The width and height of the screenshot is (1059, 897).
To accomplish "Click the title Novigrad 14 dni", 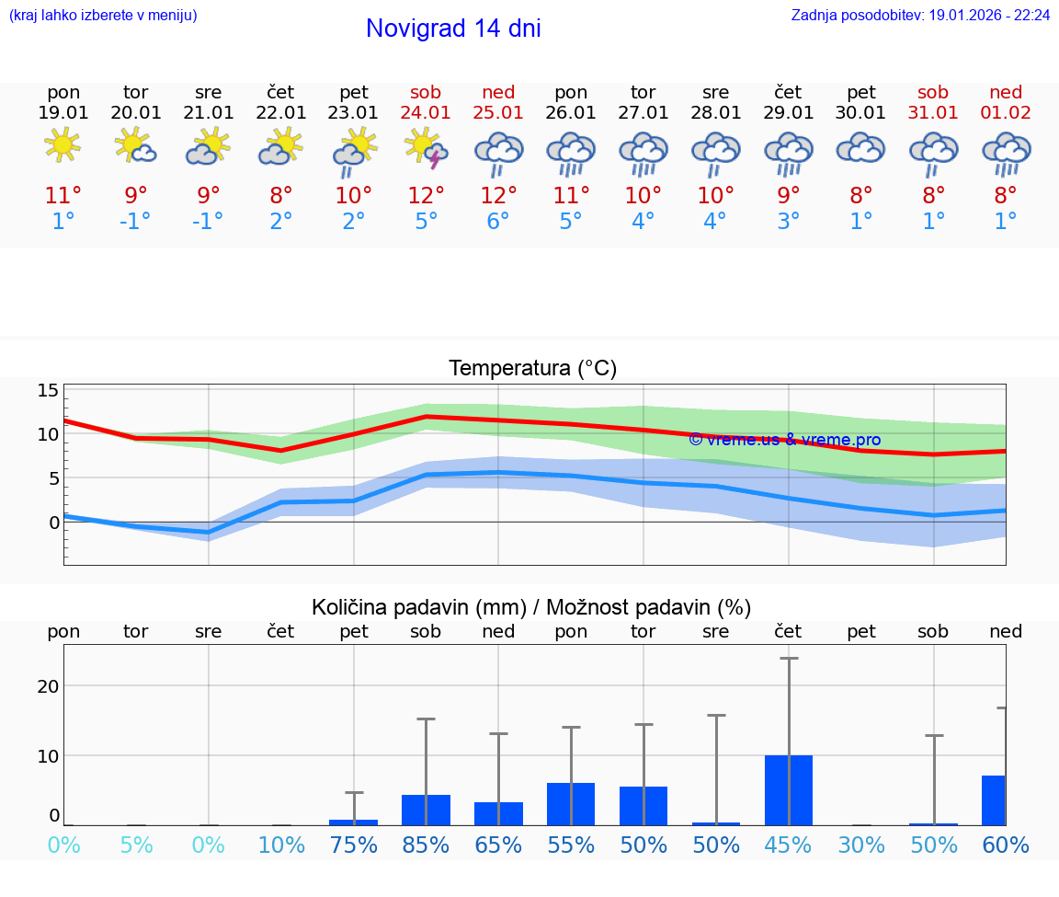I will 453,29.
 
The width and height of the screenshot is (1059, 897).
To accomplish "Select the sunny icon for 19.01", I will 63,145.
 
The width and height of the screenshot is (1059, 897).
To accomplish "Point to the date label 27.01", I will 643,112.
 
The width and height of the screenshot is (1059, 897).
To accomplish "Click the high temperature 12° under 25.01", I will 498,195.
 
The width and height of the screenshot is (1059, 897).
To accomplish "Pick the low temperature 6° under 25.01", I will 498,222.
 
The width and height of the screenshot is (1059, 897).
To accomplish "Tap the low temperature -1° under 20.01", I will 135,222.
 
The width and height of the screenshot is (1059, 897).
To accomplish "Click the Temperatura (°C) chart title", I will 532,369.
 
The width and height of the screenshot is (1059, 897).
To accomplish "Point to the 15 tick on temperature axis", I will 48,390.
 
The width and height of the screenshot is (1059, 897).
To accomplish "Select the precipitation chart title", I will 531,607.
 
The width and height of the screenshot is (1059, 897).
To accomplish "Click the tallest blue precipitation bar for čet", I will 789,789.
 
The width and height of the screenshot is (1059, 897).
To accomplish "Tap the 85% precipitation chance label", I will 426,845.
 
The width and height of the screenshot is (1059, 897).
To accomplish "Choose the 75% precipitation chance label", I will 354,845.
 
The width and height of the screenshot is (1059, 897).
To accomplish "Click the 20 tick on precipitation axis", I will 48,686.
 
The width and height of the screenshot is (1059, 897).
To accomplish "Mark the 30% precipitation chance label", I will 861,845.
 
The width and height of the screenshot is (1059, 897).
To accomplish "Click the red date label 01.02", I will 1006,112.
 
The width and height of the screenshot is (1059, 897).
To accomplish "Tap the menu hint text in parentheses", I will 103,16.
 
